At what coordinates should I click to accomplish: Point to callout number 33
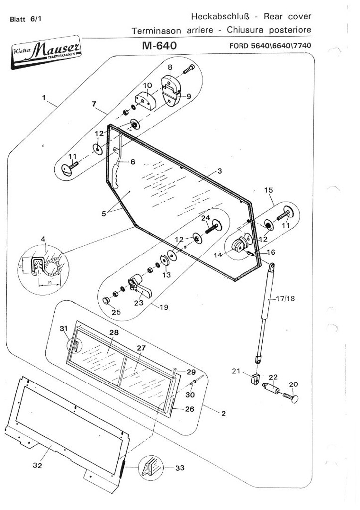(x=179, y=468)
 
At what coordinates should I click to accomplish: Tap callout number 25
(x=116, y=312)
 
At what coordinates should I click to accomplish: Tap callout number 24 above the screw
(x=205, y=218)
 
